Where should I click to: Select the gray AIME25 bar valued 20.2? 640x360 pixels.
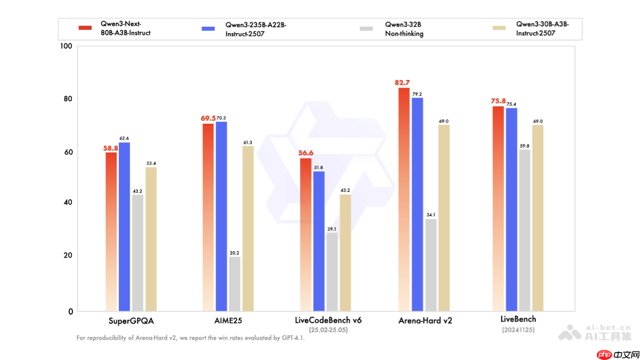point(235,284)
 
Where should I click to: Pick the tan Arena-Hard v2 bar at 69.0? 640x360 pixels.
point(444,218)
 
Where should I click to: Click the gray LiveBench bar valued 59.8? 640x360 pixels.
point(524,230)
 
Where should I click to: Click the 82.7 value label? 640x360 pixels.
point(402,83)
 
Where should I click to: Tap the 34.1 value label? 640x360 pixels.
point(431,215)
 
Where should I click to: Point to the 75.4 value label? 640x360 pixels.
point(511,104)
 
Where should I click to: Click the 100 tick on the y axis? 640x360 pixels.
point(66,46)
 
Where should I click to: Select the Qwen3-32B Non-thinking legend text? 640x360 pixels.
point(404,29)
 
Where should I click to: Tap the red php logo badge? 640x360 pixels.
point(603,354)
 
